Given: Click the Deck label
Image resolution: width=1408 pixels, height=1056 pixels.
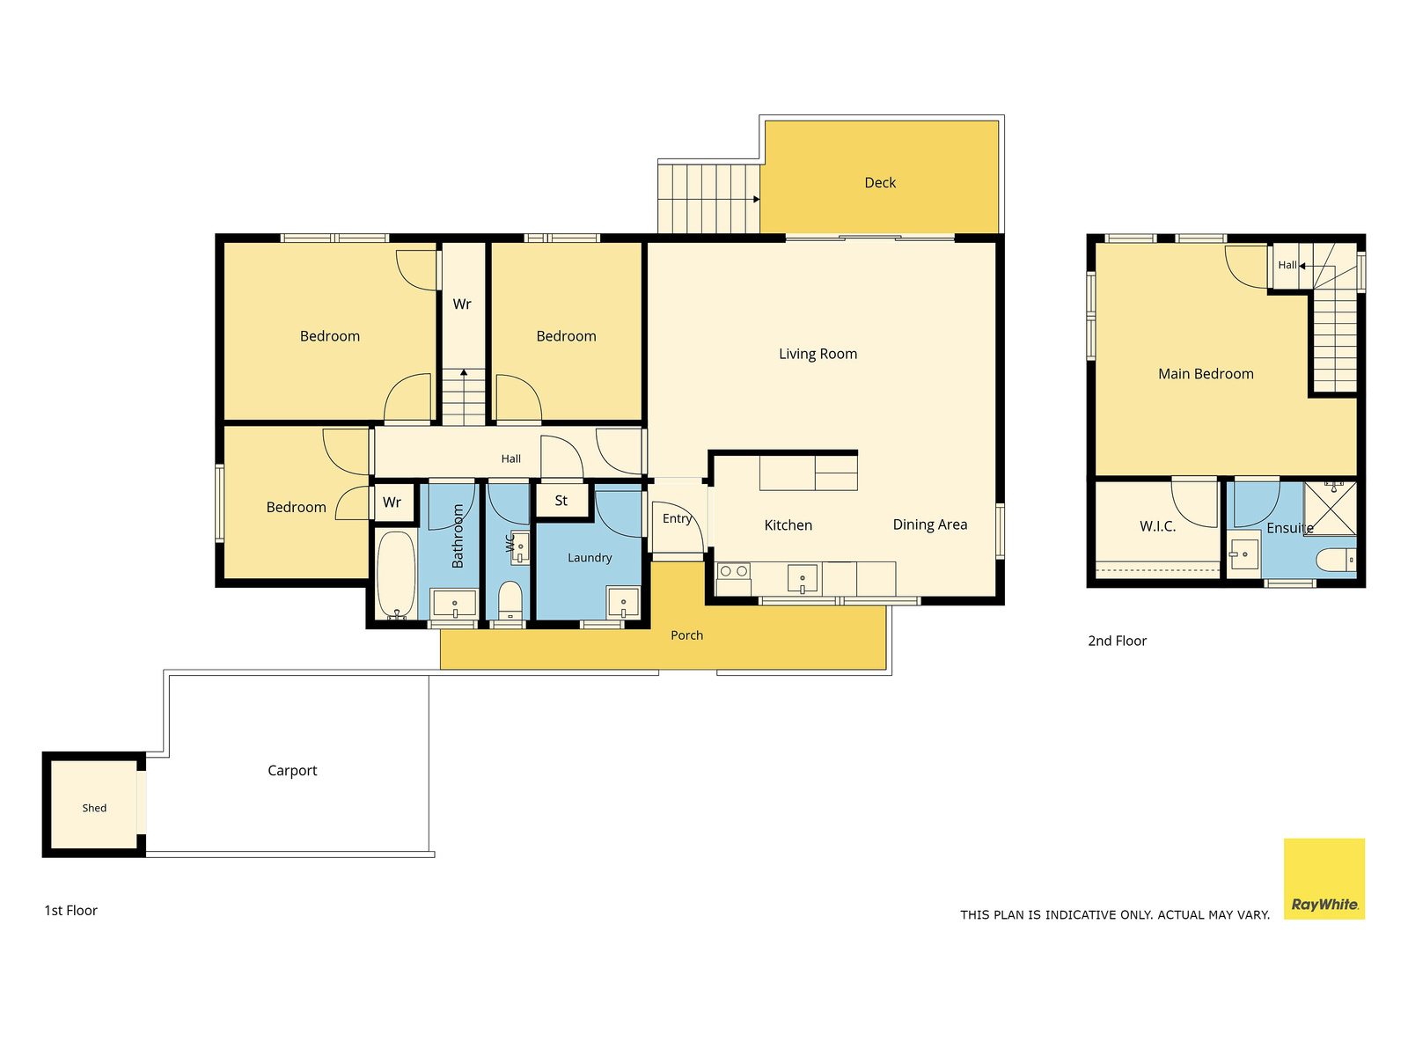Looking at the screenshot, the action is pyautogui.click(x=879, y=183).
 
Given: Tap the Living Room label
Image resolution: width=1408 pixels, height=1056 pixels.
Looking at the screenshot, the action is pyautogui.click(x=818, y=354).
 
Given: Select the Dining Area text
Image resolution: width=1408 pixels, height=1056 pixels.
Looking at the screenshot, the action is pyautogui.click(x=929, y=524).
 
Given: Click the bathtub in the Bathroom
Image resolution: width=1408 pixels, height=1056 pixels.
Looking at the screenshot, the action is pyautogui.click(x=396, y=575).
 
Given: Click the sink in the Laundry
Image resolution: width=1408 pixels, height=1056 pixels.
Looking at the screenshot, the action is pyautogui.click(x=623, y=602).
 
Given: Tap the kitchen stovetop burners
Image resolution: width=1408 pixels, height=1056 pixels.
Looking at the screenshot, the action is pyautogui.click(x=733, y=570).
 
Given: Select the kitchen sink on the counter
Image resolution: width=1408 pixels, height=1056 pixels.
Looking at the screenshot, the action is pyautogui.click(x=802, y=579).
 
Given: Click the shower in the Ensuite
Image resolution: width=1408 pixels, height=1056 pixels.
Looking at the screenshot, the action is pyautogui.click(x=1330, y=509).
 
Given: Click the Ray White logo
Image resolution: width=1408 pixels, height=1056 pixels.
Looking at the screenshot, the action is pyautogui.click(x=1324, y=878).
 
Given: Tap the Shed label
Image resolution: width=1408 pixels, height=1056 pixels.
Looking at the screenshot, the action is pyautogui.click(x=94, y=808).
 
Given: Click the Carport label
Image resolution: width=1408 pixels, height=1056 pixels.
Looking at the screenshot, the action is pyautogui.click(x=292, y=771).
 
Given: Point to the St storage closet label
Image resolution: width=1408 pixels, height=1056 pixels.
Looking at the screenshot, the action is pyautogui.click(x=561, y=501).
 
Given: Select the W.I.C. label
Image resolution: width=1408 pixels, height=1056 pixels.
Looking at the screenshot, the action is pyautogui.click(x=1157, y=526).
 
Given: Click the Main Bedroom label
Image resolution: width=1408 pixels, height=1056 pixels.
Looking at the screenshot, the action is pyautogui.click(x=1206, y=374).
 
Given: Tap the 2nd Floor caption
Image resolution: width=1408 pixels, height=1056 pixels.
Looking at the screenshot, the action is pyautogui.click(x=1117, y=641).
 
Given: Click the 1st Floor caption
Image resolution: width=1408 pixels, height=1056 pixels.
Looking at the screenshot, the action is pyautogui.click(x=70, y=911).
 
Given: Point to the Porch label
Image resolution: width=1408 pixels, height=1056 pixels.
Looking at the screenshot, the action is pyautogui.click(x=686, y=635).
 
